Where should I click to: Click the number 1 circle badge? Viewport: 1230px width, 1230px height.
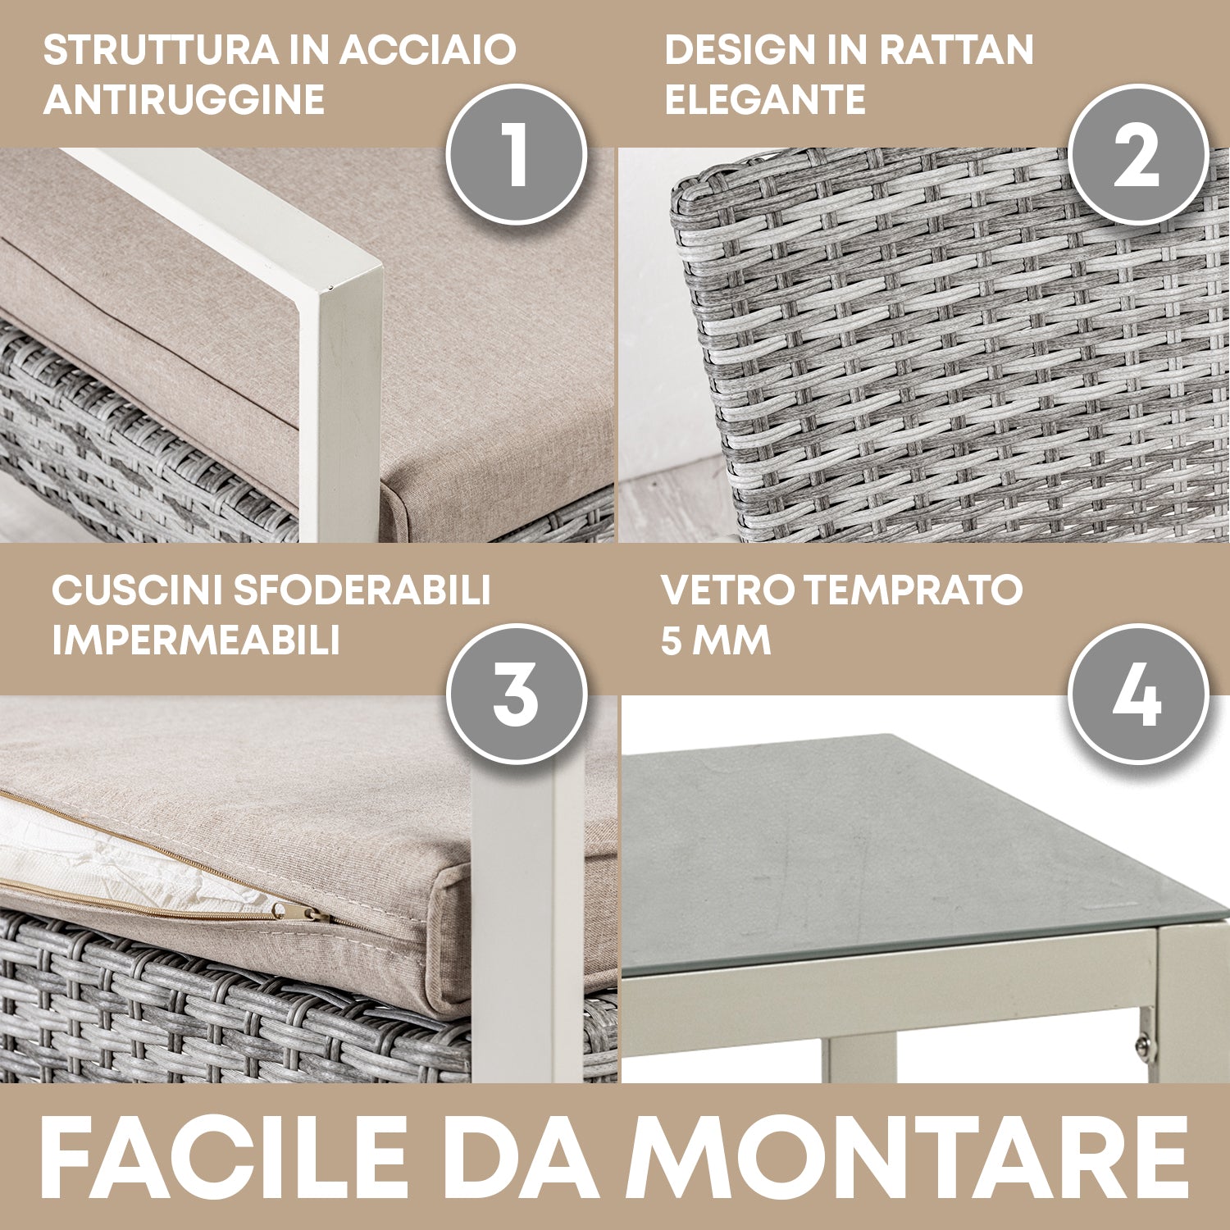[x=517, y=154]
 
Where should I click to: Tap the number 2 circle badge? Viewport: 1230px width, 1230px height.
[x=1138, y=154]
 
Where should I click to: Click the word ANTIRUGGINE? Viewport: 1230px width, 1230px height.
[x=184, y=100]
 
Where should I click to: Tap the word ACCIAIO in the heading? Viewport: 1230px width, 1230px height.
[x=428, y=50]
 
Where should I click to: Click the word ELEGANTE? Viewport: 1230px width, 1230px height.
[x=764, y=100]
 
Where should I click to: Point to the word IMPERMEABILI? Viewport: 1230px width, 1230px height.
[x=196, y=640]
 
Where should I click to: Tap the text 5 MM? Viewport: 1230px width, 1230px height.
[x=716, y=640]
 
